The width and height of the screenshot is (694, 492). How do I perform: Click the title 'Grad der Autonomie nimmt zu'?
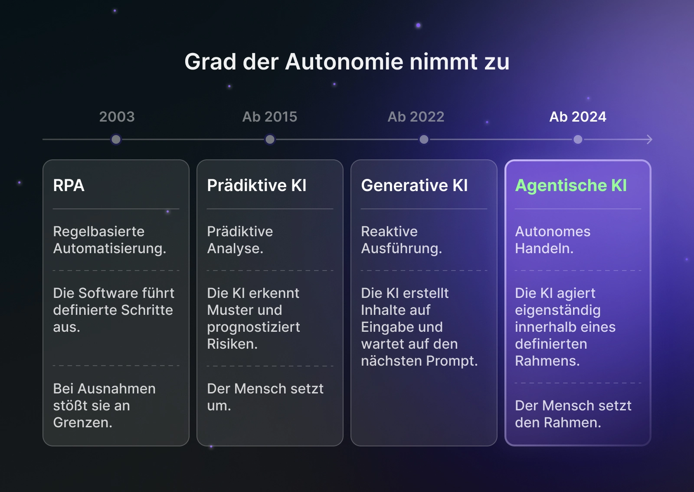point(347,62)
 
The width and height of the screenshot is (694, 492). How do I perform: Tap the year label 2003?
point(117,117)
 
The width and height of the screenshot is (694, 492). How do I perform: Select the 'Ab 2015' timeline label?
point(269,117)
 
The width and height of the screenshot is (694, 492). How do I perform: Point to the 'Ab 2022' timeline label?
point(416,117)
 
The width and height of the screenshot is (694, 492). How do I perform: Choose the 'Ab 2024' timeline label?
point(577,117)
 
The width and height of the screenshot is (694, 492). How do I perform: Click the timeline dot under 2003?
point(116,139)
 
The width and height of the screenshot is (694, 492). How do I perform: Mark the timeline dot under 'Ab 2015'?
point(270,139)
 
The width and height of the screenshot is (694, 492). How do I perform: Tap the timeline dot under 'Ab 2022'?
point(424,139)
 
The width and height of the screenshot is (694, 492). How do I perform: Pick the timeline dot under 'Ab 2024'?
point(578,139)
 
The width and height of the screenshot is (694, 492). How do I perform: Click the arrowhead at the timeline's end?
point(649,139)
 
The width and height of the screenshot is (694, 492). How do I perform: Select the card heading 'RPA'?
point(69,185)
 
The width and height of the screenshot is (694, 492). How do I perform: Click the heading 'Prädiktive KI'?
point(256,185)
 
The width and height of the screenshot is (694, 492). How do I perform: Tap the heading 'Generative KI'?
point(414,185)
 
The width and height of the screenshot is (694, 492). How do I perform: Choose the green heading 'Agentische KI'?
point(571,185)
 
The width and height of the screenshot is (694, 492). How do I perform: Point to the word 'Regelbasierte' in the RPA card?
point(98,231)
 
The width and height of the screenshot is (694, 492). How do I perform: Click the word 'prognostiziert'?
point(253,327)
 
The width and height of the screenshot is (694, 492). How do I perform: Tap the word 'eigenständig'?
point(557,310)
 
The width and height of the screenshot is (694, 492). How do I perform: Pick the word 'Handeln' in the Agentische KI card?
point(543,248)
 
